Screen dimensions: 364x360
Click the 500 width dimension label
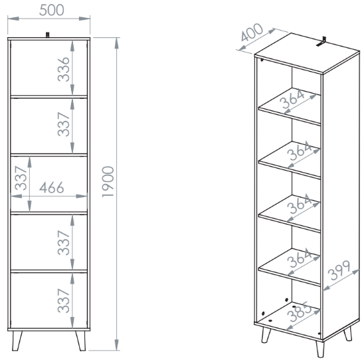(52, 10)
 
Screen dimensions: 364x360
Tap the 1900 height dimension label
(108, 182)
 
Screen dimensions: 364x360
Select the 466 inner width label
(52, 187)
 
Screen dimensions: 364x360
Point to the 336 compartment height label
(64, 69)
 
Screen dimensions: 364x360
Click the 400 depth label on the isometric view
(252, 32)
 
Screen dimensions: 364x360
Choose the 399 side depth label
(340, 270)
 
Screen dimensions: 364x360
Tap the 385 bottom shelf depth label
(299, 312)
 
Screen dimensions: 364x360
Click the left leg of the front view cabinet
(17, 341)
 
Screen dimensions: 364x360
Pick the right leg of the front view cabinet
(80, 341)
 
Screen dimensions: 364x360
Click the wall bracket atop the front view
(48, 35)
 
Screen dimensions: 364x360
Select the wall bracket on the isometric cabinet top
(321, 41)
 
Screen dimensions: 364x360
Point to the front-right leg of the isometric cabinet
(320, 349)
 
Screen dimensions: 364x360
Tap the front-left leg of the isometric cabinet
(266, 335)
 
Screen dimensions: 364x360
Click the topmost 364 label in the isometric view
(292, 99)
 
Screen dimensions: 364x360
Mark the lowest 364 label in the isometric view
(300, 258)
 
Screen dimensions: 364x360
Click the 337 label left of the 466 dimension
(21, 178)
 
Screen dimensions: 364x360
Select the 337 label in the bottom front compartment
(64, 301)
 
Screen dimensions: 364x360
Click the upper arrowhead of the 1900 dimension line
(116, 43)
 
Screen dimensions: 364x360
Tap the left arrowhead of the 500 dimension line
(13, 19)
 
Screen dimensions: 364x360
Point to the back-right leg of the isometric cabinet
(348, 333)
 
